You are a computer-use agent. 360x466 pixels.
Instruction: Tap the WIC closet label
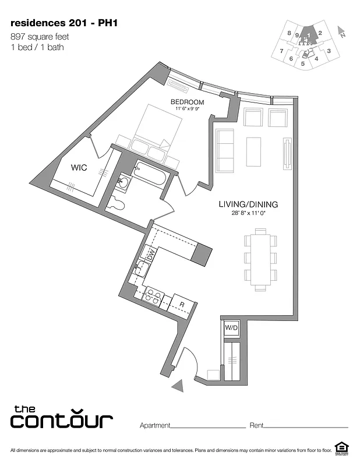pyautogui.click(x=80, y=167)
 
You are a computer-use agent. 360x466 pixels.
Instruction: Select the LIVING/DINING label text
pyautogui.click(x=248, y=204)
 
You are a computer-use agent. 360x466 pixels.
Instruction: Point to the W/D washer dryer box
pyautogui.click(x=231, y=329)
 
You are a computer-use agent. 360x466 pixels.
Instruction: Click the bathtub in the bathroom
pyautogui.click(x=148, y=175)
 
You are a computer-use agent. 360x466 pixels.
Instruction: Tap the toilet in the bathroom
pyautogui.click(x=116, y=203)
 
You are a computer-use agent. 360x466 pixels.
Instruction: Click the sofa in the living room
pyautogui.click(x=225, y=150)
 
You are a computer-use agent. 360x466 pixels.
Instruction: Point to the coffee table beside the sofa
pyautogui.click(x=253, y=150)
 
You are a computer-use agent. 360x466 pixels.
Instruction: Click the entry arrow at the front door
pyautogui.click(x=180, y=384)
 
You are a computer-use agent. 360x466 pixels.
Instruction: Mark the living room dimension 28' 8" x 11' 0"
pyautogui.click(x=248, y=214)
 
